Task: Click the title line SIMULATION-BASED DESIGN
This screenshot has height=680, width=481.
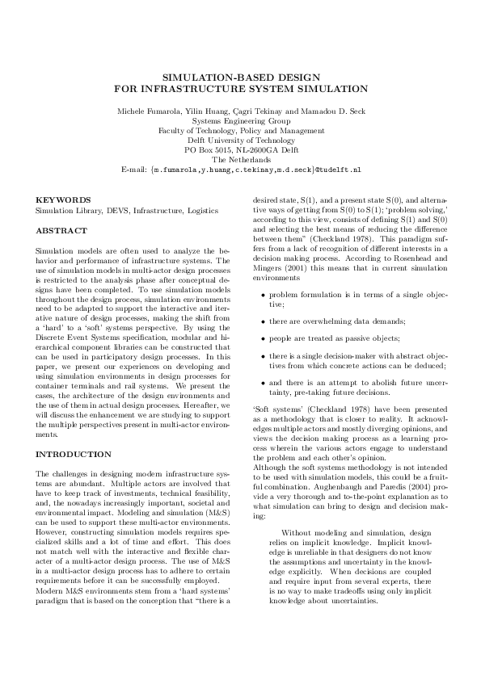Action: pyautogui.click(x=241, y=75)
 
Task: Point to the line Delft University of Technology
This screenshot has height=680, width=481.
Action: pyautogui.click(x=241, y=140)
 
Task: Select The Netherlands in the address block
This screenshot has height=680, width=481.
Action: pyautogui.click(x=241, y=160)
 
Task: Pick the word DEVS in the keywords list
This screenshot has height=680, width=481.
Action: pyautogui.click(x=111, y=210)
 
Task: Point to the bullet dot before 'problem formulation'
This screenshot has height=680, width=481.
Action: pyautogui.click(x=263, y=296)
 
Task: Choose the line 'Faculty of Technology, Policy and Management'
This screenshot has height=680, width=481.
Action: pyautogui.click(x=241, y=130)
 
